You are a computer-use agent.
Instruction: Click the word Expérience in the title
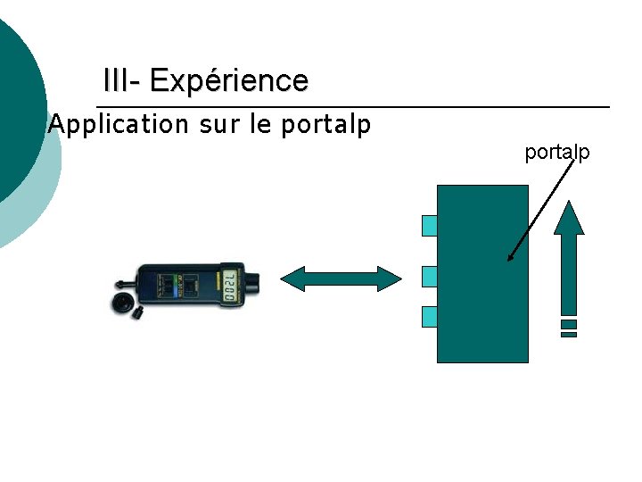[229, 81]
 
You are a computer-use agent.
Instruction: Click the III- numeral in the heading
[122, 81]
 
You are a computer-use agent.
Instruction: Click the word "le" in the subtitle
[260, 124]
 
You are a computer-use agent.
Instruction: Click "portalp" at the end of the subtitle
[325, 125]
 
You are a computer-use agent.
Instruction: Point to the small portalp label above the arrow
[557, 153]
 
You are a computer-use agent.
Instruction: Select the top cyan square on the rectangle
[429, 225]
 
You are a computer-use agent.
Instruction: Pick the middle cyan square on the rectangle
[429, 276]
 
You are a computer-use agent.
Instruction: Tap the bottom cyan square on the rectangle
[429, 316]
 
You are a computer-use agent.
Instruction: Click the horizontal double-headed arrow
[342, 278]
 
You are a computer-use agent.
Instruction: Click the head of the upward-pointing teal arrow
[568, 217]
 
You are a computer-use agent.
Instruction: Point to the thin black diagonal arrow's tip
[509, 260]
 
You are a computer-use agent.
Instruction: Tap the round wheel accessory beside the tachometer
[121, 303]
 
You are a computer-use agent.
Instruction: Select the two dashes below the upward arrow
[569, 328]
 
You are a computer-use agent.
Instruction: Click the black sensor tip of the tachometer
[253, 286]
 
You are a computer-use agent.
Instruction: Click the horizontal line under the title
[357, 108]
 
